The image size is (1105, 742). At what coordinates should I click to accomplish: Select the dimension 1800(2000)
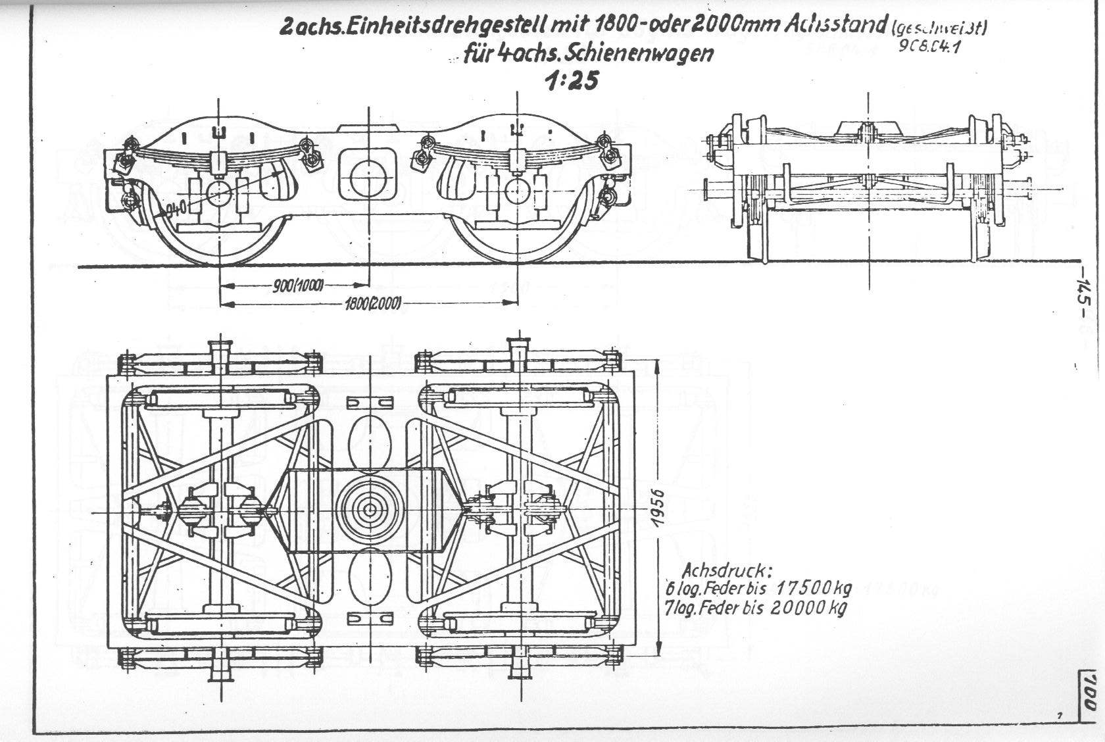point(371,303)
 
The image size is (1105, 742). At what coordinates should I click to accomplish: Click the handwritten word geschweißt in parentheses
point(941,28)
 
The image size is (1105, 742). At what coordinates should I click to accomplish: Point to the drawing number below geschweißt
point(926,47)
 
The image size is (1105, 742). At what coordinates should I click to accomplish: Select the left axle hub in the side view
point(219,193)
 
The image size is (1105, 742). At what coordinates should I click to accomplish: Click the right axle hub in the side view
point(517,191)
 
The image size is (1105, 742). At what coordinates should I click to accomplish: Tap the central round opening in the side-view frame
point(369,174)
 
